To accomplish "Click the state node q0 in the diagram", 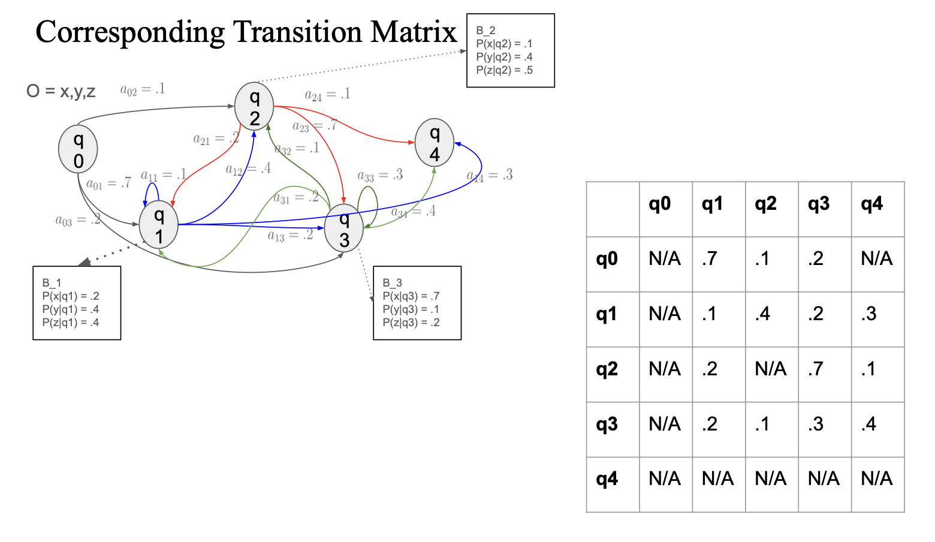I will pos(78,149).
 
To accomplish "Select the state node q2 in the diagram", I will pos(254,106).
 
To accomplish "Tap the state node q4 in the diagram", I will pos(434,143).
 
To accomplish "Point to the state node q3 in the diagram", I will pos(344,228).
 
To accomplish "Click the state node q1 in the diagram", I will pos(158,225).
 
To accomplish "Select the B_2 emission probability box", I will pos(511,50).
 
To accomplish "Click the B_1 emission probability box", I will pos(77,303).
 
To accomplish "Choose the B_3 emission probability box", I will pos(417,303).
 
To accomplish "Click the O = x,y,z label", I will pos(61,91).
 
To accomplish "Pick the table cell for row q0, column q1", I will pos(719,259).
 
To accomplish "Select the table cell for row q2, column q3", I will pos(825,369).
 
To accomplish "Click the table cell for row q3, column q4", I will pos(877,424).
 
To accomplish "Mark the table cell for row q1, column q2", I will pos(771,314).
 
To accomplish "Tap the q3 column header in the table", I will pos(825,204).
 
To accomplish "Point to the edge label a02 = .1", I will pos(143,90).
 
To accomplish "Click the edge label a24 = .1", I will pos(327,95).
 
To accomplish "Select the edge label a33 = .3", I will pos(380,176).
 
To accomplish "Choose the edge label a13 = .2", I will pos(290,236).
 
